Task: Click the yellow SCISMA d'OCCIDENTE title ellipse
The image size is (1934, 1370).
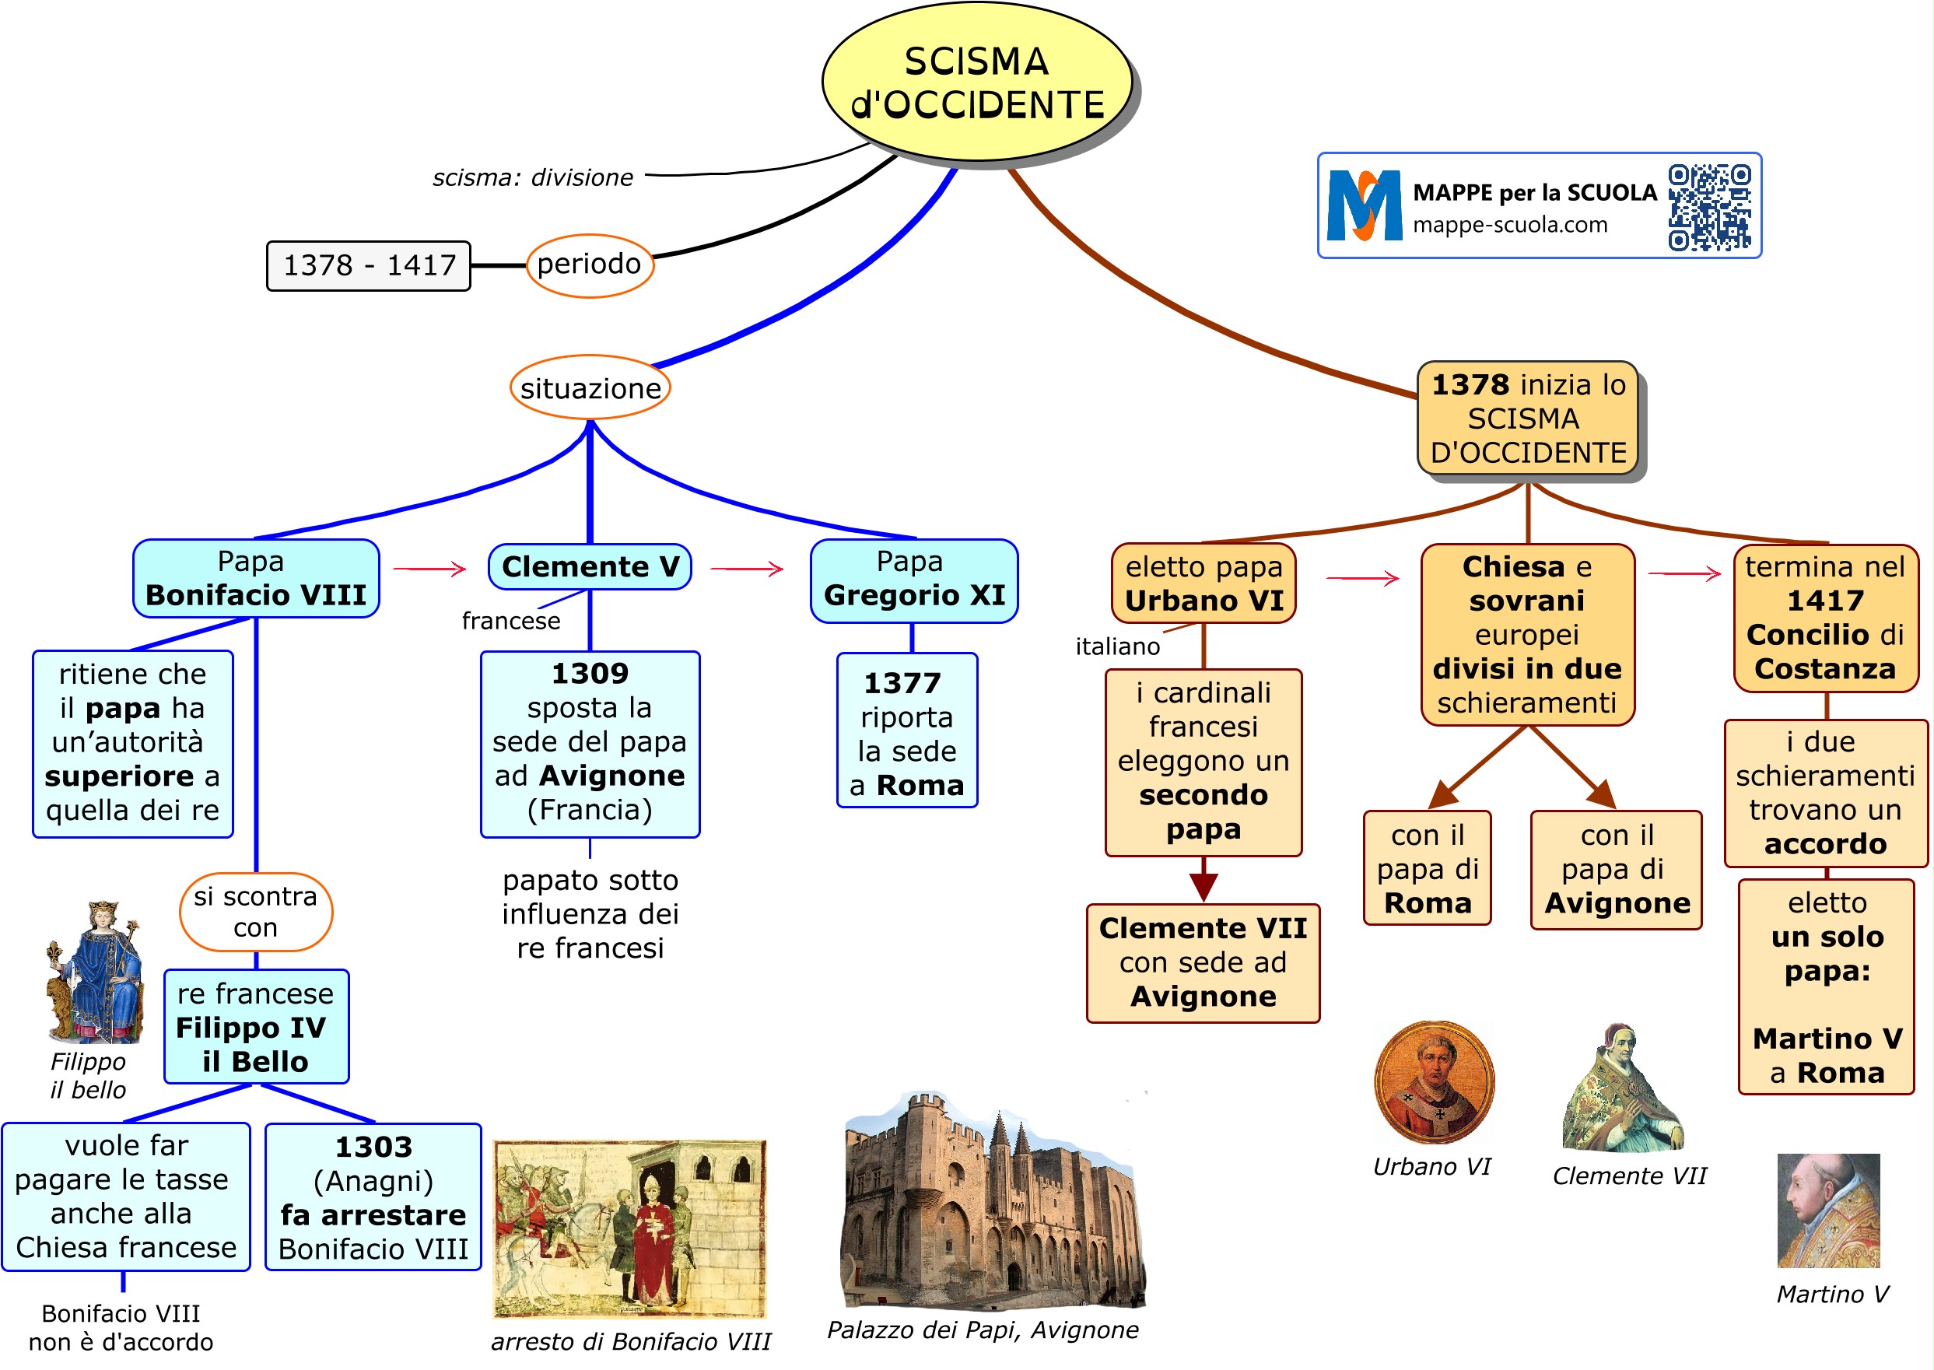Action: tap(976, 82)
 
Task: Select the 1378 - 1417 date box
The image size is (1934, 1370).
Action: tap(368, 266)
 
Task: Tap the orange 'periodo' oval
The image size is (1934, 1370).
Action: tap(590, 265)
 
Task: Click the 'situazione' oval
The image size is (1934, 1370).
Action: tap(590, 388)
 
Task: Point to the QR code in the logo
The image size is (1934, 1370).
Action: tap(1709, 208)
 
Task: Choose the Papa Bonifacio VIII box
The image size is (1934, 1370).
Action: tap(256, 579)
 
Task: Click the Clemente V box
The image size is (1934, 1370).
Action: tap(590, 567)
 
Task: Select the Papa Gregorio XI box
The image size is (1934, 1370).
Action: tap(913, 580)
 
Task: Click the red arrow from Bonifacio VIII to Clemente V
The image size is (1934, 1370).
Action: tap(429, 569)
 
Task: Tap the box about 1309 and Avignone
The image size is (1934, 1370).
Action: tap(590, 743)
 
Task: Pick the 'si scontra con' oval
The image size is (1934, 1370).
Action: tap(256, 912)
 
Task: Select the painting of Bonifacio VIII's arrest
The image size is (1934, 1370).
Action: tap(629, 1229)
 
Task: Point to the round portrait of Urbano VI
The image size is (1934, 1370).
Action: tap(1433, 1082)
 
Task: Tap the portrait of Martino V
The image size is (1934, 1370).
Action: tap(1828, 1211)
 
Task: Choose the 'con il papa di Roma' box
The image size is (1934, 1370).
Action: tap(1427, 869)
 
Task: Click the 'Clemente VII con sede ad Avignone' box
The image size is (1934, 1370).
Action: tap(1203, 963)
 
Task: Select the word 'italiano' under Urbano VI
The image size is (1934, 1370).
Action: tap(1116, 647)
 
